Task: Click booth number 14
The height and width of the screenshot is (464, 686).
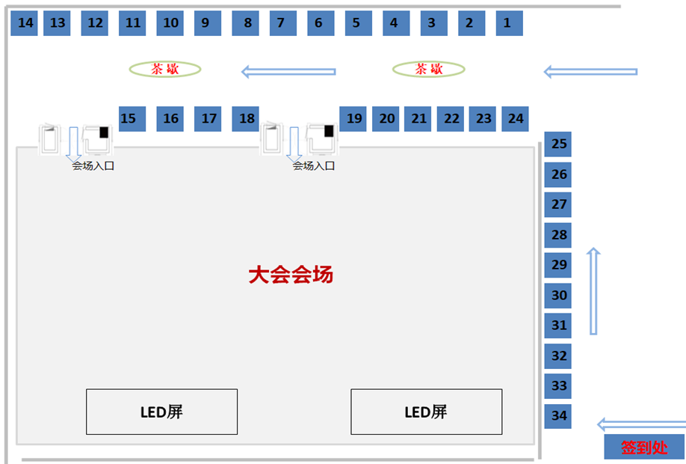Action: pyautogui.click(x=25, y=23)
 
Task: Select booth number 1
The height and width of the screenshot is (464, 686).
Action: pyautogui.click(x=507, y=23)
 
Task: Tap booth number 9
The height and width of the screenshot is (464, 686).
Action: pyautogui.click(x=207, y=23)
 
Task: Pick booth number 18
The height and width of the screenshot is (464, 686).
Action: pyautogui.click(x=247, y=118)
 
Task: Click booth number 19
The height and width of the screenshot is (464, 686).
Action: pyautogui.click(x=354, y=118)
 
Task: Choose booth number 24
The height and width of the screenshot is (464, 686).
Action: pyautogui.click(x=516, y=118)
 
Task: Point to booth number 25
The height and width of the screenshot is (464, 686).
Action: pyautogui.click(x=559, y=144)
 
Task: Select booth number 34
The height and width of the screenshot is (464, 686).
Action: pyautogui.click(x=559, y=415)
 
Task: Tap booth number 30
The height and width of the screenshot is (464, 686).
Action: pyautogui.click(x=559, y=295)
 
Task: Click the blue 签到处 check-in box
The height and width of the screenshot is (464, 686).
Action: pyautogui.click(x=644, y=448)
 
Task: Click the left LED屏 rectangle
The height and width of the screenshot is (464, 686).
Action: pyautogui.click(x=161, y=412)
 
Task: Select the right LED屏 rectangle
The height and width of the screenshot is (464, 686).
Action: pyautogui.click(x=426, y=412)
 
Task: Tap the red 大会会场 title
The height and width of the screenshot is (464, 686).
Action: pyautogui.click(x=291, y=275)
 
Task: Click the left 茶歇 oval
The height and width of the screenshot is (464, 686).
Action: pyautogui.click(x=165, y=69)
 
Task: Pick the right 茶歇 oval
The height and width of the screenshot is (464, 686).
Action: pyautogui.click(x=429, y=69)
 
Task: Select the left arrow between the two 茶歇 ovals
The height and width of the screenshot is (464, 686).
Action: pyautogui.click(x=288, y=72)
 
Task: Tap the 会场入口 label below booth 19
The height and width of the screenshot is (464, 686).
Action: pyautogui.click(x=314, y=165)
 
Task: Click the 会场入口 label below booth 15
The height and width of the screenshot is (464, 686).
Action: pyautogui.click(x=93, y=165)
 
